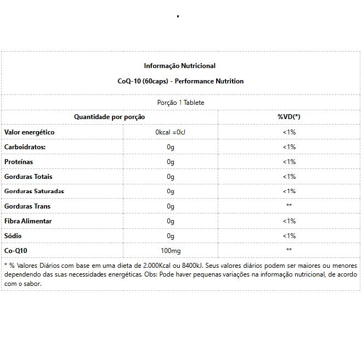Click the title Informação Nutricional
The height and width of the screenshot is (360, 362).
pos(179,66)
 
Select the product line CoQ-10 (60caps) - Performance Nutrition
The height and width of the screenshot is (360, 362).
pos(180,81)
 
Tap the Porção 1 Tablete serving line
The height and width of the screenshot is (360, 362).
pos(180,103)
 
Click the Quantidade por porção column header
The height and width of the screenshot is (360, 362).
pos(110,117)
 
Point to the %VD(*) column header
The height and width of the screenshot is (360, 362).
pos(289,117)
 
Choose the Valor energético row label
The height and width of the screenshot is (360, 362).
pos(29,132)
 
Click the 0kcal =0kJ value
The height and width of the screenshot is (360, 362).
pos(171,132)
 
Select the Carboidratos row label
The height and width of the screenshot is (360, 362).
pos(25,147)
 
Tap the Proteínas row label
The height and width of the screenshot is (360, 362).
pos(19,162)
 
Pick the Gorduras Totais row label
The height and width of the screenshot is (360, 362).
pos(28,177)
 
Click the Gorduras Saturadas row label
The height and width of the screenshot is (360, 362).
pos(34,191)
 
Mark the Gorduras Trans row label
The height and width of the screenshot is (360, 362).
pos(27,206)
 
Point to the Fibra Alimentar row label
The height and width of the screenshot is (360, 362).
pos(28,221)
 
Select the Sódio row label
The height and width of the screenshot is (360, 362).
pos(13,235)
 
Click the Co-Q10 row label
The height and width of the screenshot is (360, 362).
pos(15,250)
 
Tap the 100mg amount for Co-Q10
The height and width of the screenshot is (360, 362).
pos(171,250)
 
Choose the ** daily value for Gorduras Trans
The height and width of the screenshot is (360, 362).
pos(289,206)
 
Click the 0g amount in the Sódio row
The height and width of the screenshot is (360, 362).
pos(171,235)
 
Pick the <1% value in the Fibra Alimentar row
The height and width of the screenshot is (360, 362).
pos(289,221)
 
